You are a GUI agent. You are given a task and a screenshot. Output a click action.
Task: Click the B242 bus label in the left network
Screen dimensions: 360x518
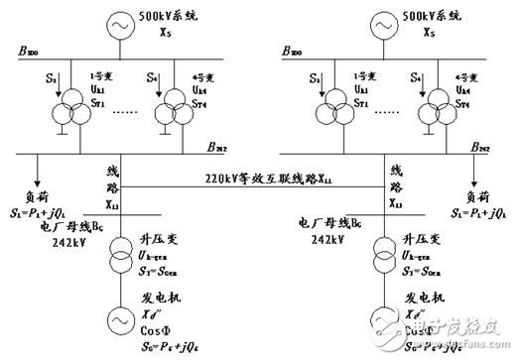coord(218,145)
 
